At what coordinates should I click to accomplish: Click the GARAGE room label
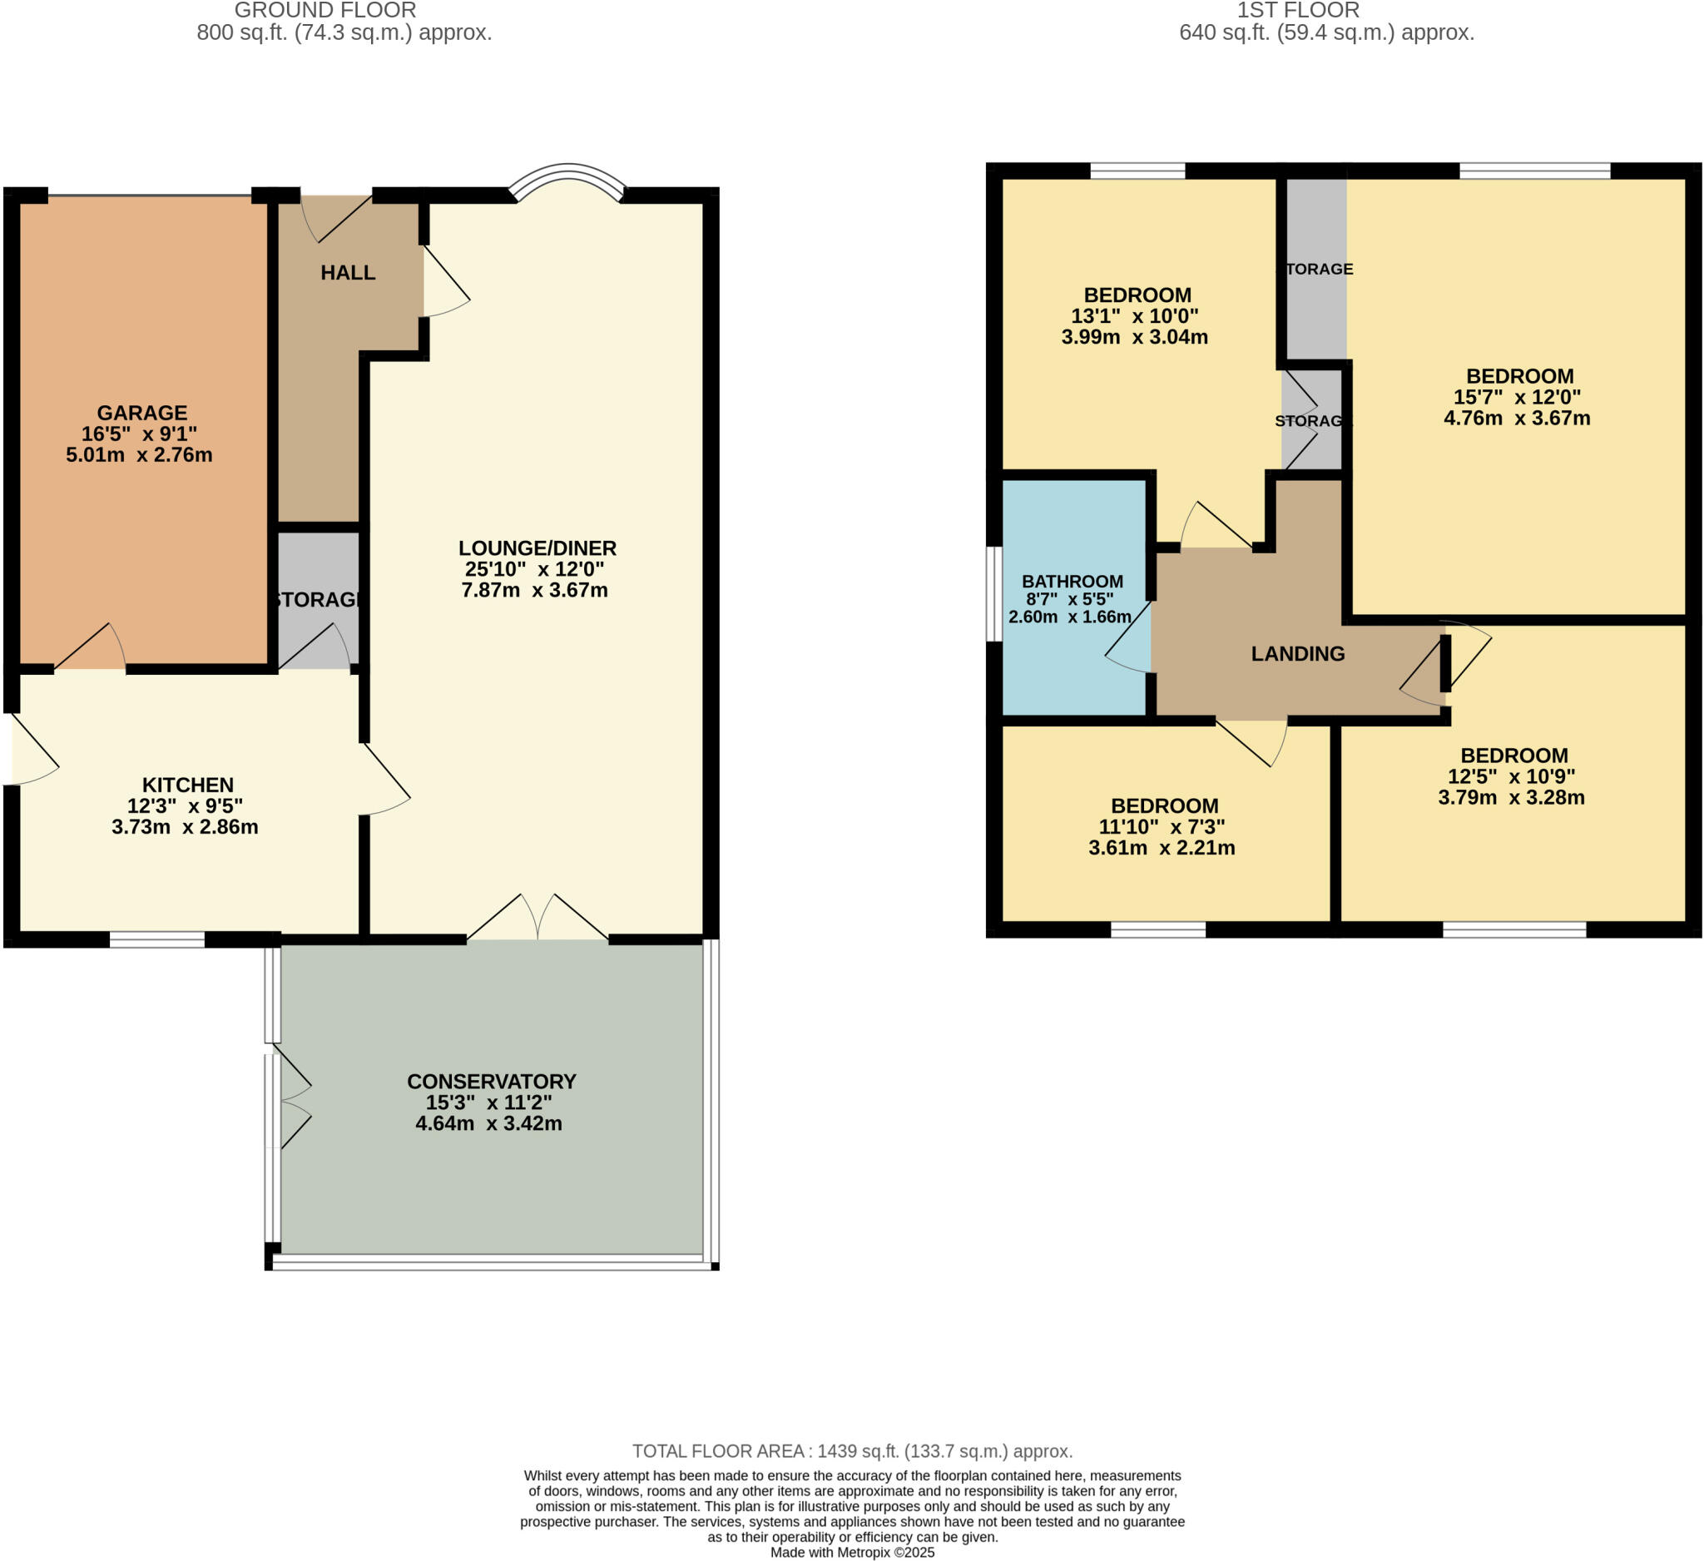pos(141,413)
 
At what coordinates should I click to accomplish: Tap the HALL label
pos(348,272)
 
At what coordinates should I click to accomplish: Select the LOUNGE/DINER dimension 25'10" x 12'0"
pos(534,569)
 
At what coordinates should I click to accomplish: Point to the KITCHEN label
pos(187,785)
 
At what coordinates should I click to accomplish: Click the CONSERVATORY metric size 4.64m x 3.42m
pos(488,1123)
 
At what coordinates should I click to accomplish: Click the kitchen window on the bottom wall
pos(157,939)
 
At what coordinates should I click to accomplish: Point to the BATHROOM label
pos(1072,582)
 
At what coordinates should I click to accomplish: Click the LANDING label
pos(1297,653)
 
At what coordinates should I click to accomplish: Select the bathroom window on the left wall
pos(995,593)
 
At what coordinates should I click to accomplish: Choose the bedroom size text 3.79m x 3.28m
pos(1510,797)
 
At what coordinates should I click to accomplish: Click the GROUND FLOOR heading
pos(324,10)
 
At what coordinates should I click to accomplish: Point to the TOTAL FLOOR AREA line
pos(852,1451)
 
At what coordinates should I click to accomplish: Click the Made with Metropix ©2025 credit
pos(852,1553)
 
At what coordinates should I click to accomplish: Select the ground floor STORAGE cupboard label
pos(319,599)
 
